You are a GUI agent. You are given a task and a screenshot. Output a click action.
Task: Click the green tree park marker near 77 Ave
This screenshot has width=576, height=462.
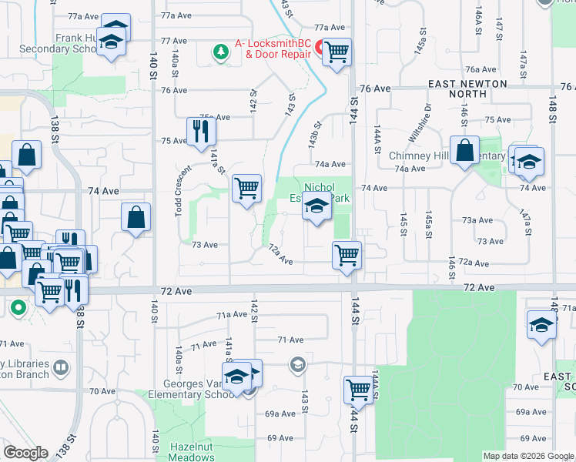click(221, 51)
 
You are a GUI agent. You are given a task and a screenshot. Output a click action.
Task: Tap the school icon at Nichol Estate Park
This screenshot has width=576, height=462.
click(316, 207)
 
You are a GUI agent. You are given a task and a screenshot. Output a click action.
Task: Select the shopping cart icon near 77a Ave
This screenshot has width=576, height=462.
click(337, 52)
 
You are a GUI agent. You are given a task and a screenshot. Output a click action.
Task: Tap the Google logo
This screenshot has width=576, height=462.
click(26, 453)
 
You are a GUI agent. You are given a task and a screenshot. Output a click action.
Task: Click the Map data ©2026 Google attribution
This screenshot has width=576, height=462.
click(528, 456)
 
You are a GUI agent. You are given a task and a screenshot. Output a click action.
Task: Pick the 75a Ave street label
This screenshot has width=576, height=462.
click(216, 117)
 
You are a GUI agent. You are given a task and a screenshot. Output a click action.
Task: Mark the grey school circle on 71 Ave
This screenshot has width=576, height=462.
click(297, 364)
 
